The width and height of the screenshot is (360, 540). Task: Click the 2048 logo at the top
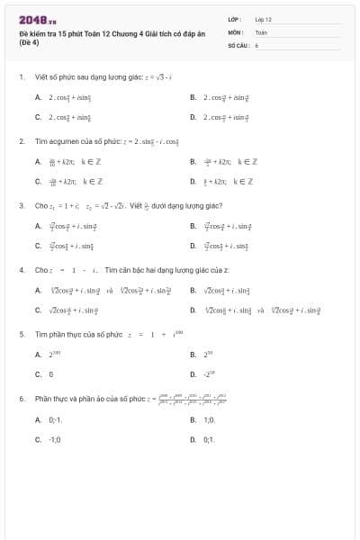pos(32,19)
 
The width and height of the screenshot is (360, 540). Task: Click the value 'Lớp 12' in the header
pos(263,18)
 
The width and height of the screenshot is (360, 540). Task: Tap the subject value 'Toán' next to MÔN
pos(261,31)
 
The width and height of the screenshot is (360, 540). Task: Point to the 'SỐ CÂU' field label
pos(238,43)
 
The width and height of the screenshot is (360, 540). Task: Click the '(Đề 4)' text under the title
pos(30,42)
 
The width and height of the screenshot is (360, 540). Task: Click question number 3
pos(21,205)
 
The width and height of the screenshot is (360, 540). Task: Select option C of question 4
pos(67,310)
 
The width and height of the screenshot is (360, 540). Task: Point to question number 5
pos(21,334)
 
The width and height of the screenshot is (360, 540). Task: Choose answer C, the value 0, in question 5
pos(51,373)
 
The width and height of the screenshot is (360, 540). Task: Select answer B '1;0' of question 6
pos(208,419)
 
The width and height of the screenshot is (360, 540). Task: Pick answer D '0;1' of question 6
pos(208,440)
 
